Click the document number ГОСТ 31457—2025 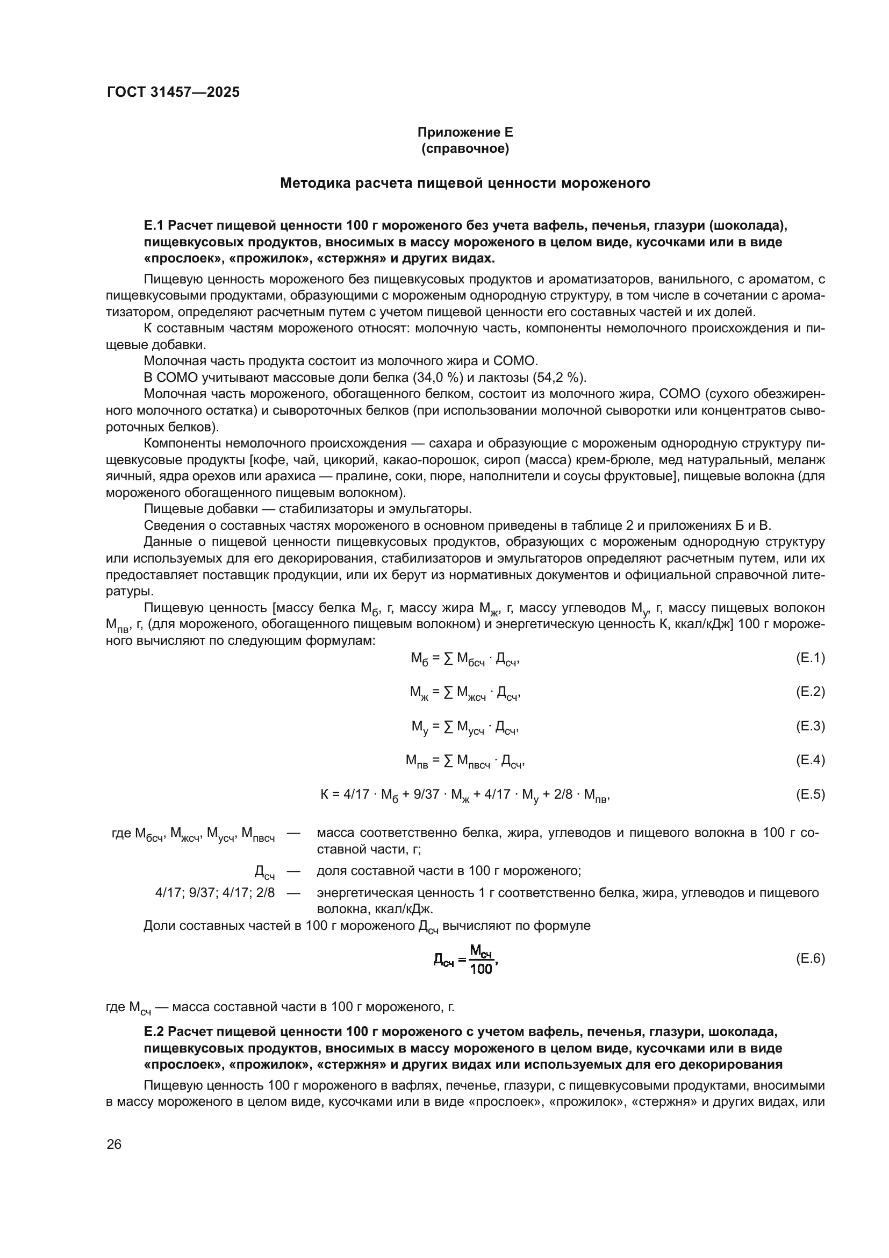click(173, 92)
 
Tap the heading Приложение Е click(465, 132)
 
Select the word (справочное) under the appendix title click(465, 148)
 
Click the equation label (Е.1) click(809, 658)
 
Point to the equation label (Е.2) click(809, 692)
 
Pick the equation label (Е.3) click(809, 727)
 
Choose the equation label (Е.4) click(809, 761)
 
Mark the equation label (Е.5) click(809, 794)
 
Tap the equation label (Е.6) click(809, 959)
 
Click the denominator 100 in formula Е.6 click(481, 969)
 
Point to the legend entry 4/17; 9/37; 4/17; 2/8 click(215, 893)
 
